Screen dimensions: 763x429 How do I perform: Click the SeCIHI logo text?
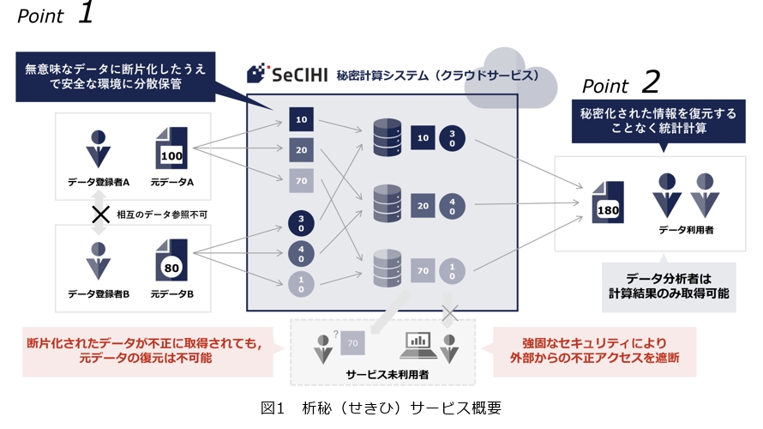click(x=299, y=75)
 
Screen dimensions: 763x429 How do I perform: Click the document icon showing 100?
click(x=171, y=148)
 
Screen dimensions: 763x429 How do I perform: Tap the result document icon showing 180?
click(x=608, y=202)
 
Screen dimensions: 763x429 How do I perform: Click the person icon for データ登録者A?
click(x=99, y=149)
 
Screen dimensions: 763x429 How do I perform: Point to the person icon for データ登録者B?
click(x=99, y=262)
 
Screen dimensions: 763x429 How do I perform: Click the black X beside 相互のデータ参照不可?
click(x=100, y=214)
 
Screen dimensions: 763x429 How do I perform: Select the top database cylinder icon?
click(x=388, y=137)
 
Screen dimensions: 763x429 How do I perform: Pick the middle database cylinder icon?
click(x=388, y=203)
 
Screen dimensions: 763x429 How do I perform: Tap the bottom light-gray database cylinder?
click(x=388, y=269)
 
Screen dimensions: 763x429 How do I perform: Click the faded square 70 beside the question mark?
click(x=353, y=343)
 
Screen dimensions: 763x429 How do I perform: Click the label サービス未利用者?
click(x=388, y=374)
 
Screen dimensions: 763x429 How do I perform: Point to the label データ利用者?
click(x=686, y=230)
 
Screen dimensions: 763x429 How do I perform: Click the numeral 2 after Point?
click(x=651, y=82)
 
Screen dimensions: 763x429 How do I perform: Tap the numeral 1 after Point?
click(x=86, y=12)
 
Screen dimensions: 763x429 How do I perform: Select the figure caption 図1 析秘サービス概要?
click(x=381, y=408)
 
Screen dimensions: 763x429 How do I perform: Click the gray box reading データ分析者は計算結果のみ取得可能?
click(x=669, y=287)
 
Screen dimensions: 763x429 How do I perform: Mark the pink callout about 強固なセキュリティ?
click(x=595, y=351)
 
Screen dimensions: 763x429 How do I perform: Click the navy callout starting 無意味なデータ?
click(x=116, y=76)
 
